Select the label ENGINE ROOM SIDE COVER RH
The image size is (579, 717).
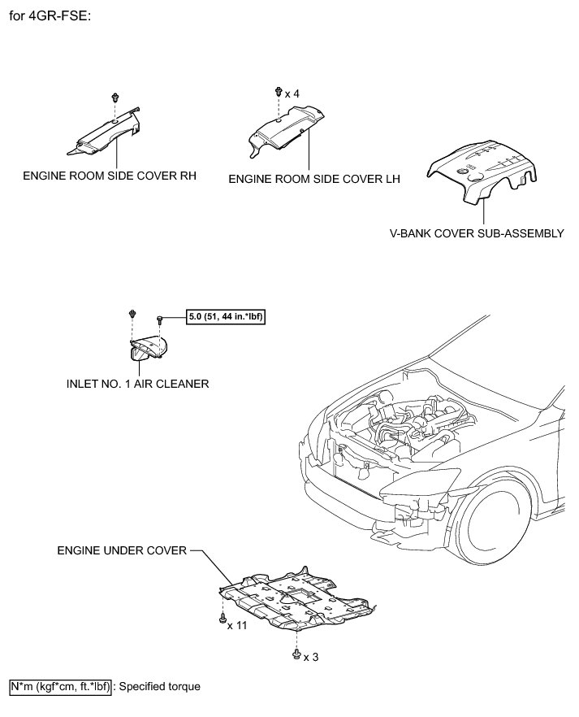pos(110,175)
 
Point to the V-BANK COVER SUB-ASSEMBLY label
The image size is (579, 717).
pos(477,233)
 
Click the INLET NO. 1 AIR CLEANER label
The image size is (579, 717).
pos(134,384)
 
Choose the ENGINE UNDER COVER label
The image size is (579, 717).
pos(122,550)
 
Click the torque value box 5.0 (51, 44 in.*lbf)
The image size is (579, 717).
pos(227,318)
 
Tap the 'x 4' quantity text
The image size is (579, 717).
pos(292,94)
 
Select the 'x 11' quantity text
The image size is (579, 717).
pos(237,625)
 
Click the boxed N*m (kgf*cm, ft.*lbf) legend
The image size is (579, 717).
pos(61,687)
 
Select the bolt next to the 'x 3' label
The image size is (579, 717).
pos(296,654)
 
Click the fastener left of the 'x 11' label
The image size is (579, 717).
pos(223,622)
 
